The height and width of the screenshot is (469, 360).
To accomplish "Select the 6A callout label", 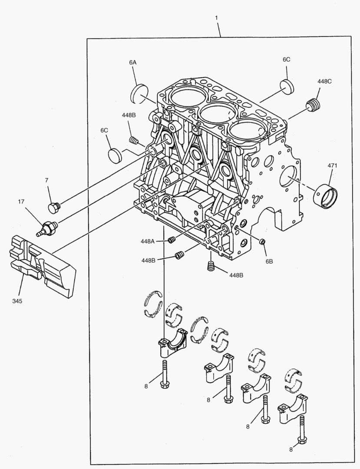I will click(133, 63).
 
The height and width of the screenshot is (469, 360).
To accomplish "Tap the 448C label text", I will click(324, 81).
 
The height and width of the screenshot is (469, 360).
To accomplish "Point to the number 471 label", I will click(332, 165).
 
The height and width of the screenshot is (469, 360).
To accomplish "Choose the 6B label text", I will click(269, 261).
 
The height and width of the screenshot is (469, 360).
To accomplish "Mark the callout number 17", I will click(21, 201).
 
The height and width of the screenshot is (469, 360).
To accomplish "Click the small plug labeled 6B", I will click(262, 241).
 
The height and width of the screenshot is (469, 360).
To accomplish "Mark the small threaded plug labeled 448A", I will click(171, 240).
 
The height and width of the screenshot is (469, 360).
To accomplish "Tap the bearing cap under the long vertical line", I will click(172, 342).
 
